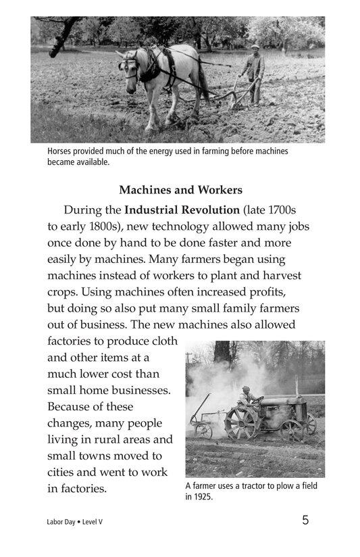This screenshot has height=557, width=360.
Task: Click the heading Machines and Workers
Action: (180, 190)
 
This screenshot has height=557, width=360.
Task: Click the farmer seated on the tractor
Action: (248, 397)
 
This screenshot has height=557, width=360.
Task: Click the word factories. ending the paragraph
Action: (77, 488)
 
